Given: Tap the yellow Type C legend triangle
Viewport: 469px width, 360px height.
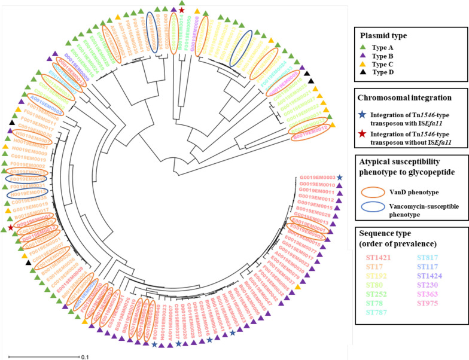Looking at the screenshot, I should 363,63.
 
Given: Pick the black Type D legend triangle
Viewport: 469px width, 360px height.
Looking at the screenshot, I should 363,72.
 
